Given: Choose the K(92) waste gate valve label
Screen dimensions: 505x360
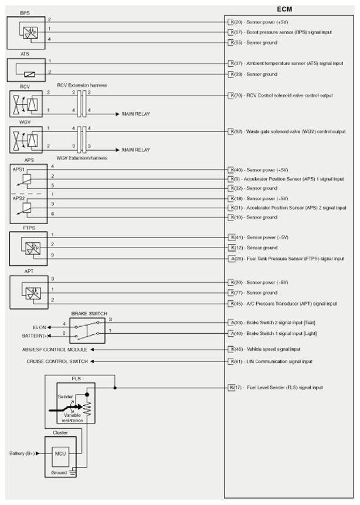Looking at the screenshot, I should point(287,132).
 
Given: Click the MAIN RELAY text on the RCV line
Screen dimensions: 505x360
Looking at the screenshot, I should point(135,113).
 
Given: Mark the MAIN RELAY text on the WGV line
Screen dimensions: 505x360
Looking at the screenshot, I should point(135,150).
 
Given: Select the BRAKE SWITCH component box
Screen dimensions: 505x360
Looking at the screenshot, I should point(89,330).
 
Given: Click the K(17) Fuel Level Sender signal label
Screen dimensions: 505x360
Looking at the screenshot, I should point(275,388).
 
